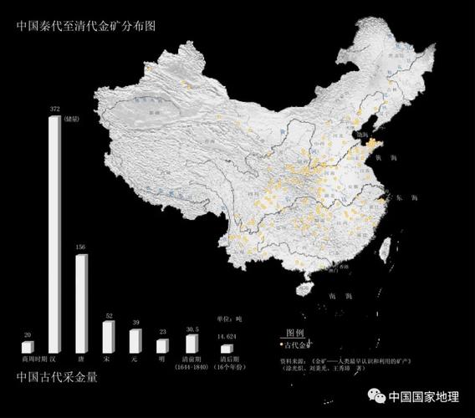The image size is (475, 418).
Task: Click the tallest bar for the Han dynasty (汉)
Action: coord(54,234)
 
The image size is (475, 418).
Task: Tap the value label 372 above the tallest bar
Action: coord(55,110)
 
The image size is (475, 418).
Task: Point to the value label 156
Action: coord(81,247)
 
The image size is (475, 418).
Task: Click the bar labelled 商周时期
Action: coord(28,346)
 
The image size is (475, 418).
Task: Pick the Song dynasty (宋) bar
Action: coord(108,336)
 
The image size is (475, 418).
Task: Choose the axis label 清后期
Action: coord(226,359)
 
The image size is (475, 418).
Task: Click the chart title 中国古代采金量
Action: coord(57,377)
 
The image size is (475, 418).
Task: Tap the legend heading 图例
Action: coord(295,332)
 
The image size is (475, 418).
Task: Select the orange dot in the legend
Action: coord(280,344)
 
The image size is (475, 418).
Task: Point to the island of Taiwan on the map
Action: coord(386,247)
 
